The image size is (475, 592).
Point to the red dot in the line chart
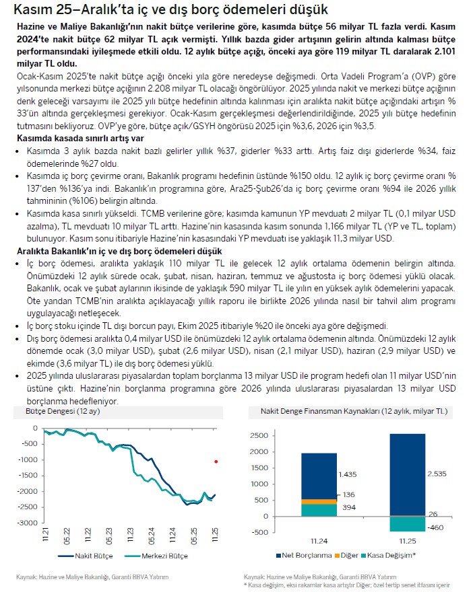[x=216, y=461]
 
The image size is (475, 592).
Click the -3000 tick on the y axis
[x=28, y=523]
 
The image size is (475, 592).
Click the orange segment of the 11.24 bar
[x=319, y=501]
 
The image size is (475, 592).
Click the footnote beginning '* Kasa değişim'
[x=357, y=585]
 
